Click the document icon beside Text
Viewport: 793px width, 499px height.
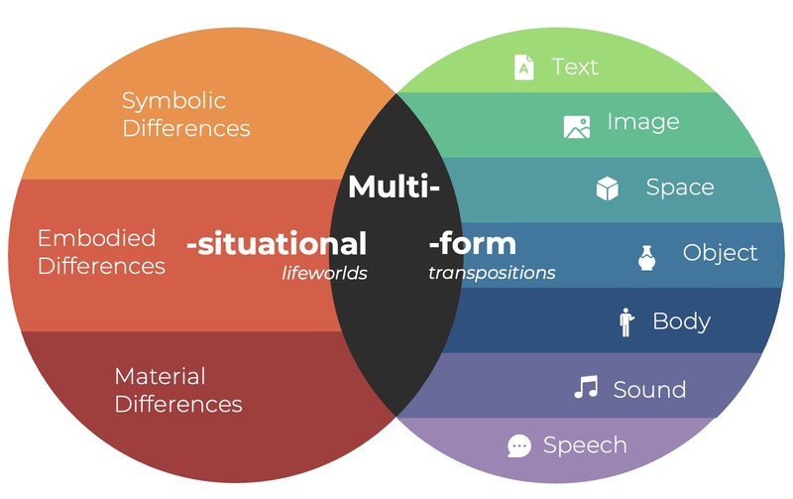coord(523,67)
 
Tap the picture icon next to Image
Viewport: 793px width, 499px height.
coord(577,126)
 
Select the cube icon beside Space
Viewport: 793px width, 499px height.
coord(608,188)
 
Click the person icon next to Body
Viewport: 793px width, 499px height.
coord(626,322)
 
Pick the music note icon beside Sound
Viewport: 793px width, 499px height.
coord(586,387)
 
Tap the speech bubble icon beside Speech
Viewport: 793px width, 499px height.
coord(519,446)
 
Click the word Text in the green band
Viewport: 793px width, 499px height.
coord(575,66)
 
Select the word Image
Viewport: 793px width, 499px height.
coord(643,122)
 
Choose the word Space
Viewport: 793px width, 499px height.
coord(680,187)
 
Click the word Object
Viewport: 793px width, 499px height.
coord(721,253)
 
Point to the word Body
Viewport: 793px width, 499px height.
coord(681,321)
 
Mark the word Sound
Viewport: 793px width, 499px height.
coord(649,389)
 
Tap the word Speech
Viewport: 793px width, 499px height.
coord(585,445)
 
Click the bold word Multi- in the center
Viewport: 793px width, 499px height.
coord(394,187)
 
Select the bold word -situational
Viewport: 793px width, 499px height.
coord(277,243)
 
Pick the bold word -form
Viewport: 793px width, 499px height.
coord(472,243)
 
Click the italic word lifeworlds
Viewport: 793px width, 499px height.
coord(325,273)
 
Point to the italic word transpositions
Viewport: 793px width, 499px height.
coord(492,273)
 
